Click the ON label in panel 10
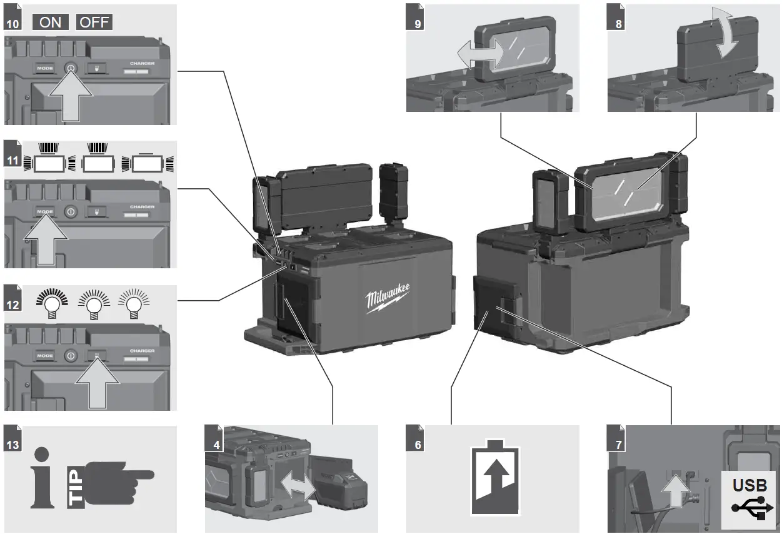pos(50,22)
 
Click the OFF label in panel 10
pos(94,22)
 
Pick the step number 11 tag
pos(12,160)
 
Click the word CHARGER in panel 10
pos(142,63)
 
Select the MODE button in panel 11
pos(45,212)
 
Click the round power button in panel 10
pos(71,68)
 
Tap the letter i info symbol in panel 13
pos(41,478)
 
